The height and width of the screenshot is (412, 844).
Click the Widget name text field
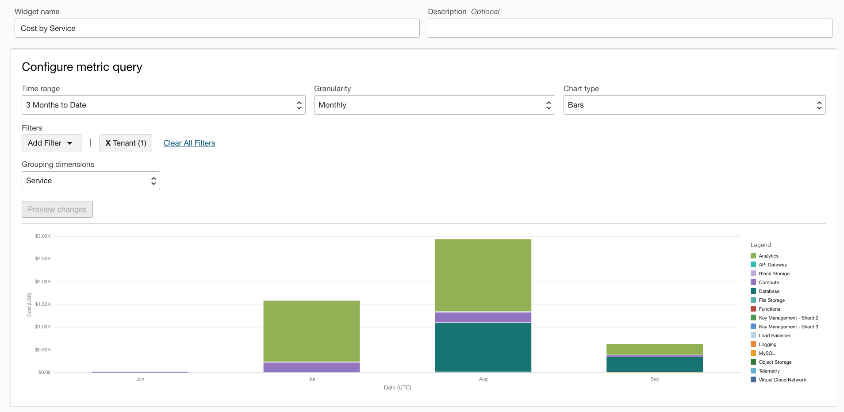point(217,28)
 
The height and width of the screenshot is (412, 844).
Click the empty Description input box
point(630,28)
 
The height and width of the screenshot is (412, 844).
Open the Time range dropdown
point(163,105)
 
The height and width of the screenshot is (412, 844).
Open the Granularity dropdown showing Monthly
point(434,105)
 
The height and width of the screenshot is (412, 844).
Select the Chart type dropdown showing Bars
point(694,105)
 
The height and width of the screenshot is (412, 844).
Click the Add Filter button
point(51,143)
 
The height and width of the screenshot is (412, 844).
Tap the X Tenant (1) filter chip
point(126,143)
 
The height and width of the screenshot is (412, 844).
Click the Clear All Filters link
point(189,143)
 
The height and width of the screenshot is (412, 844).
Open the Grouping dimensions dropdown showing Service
point(91,181)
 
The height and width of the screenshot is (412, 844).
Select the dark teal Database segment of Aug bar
point(483,347)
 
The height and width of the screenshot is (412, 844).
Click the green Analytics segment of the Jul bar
point(311,331)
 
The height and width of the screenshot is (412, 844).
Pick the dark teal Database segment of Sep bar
point(655,364)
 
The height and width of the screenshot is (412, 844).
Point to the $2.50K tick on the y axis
point(43,258)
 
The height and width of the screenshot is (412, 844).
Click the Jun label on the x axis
point(140,379)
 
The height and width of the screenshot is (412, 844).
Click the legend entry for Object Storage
point(775,362)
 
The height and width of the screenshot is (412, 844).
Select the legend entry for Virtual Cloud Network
point(782,380)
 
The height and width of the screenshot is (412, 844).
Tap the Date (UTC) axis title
point(397,388)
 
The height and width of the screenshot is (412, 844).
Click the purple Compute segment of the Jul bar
point(311,367)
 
